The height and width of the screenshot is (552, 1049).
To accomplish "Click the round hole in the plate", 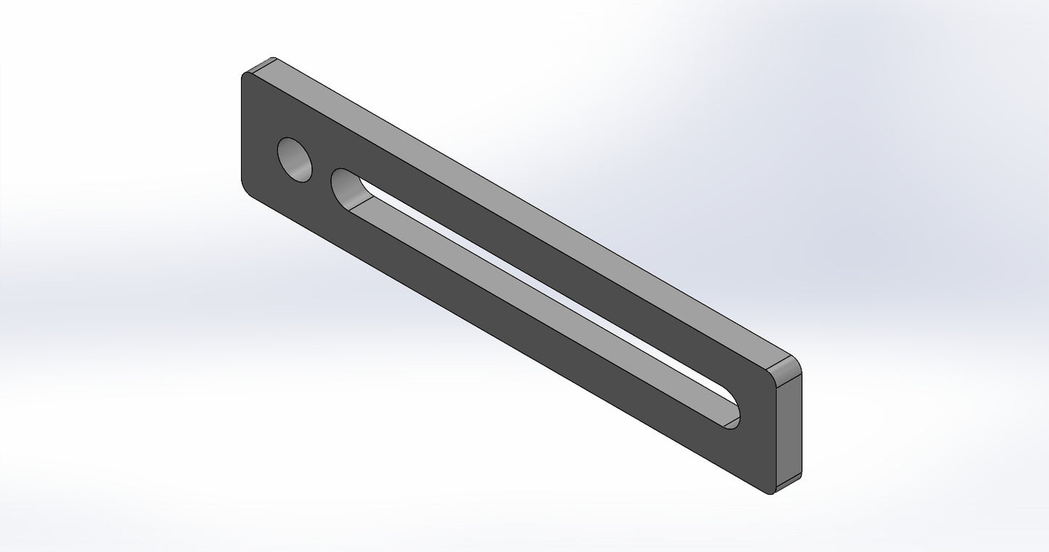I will [295, 160].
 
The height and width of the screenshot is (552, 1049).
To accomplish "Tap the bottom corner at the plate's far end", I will [771, 493].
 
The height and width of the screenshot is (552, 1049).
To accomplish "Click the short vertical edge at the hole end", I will [241, 131].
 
